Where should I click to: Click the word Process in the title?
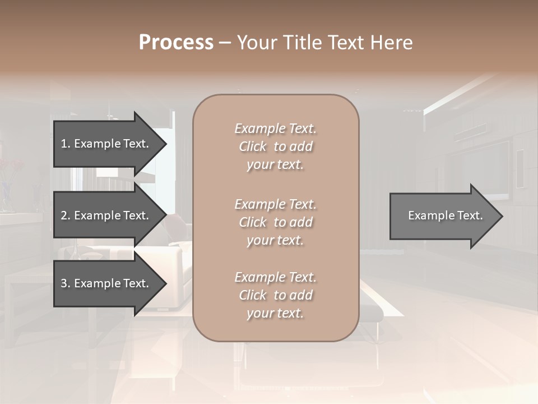pos(176,43)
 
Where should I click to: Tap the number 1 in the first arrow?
pos(64,144)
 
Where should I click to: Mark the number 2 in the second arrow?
pos(64,215)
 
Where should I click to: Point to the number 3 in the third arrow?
pos(64,283)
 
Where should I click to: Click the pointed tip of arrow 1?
pos(165,144)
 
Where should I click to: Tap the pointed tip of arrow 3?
pos(165,283)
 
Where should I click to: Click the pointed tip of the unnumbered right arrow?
pos(501,216)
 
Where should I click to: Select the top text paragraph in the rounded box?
pos(275,146)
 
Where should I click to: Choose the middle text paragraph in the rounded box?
pos(275,222)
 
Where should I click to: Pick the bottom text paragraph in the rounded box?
pos(275,295)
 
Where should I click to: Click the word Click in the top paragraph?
pos(253,146)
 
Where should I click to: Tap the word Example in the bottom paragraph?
pos(259,277)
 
